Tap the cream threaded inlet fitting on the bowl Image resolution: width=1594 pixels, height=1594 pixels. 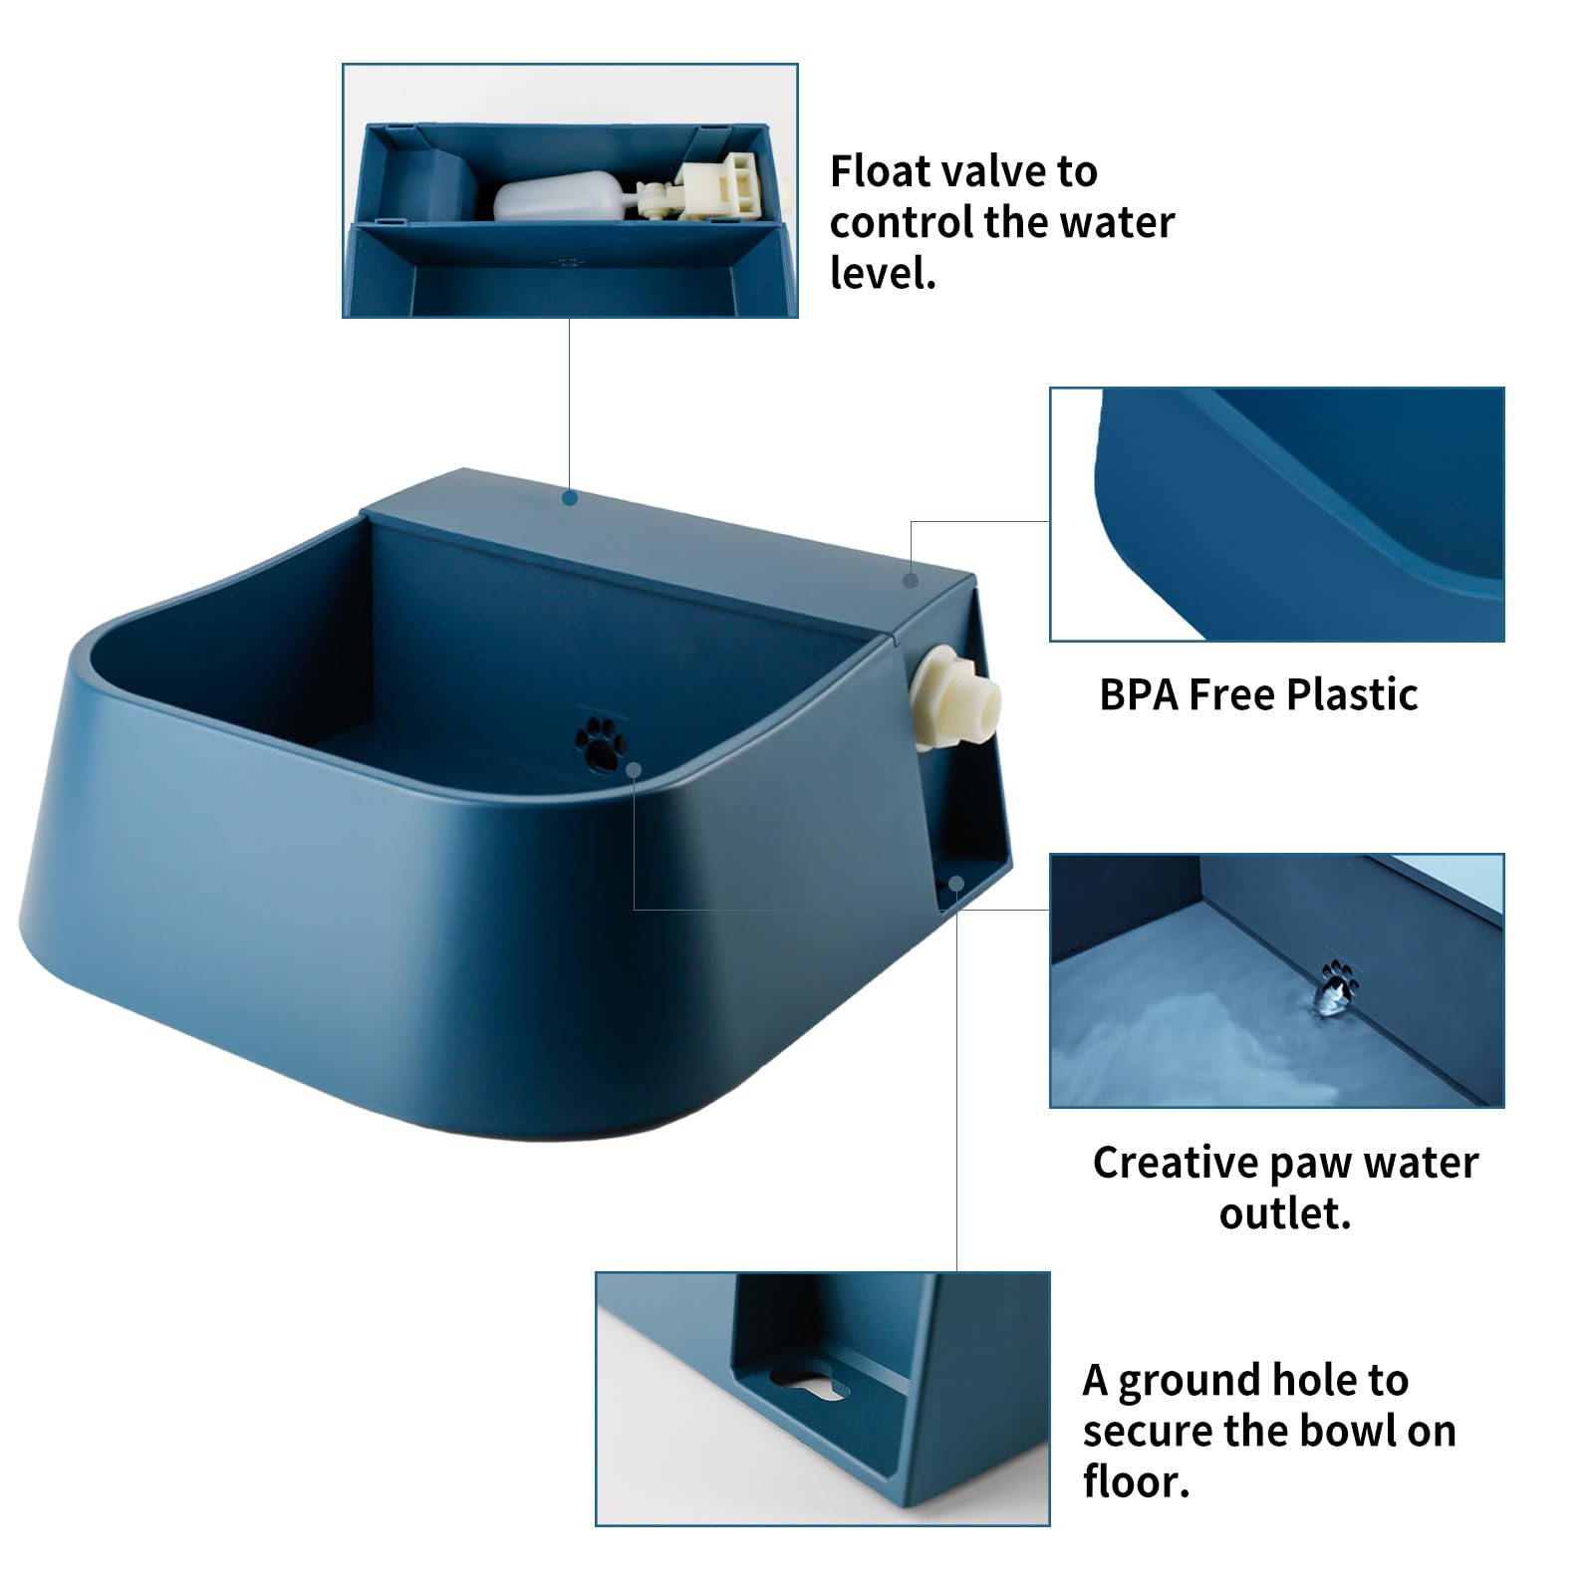point(956,696)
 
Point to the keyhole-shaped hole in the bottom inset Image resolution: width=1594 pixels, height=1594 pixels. point(810,1384)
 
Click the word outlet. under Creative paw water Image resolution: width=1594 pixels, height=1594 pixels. point(1284,1213)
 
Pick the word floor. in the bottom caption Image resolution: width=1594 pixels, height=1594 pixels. point(1136,1481)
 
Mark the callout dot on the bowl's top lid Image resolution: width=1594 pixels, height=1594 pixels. point(570,496)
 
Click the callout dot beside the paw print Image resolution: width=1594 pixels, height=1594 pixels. point(634,769)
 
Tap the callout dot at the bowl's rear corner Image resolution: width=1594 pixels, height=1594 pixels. point(910,580)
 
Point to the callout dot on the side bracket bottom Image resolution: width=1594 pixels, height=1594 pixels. point(955,882)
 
